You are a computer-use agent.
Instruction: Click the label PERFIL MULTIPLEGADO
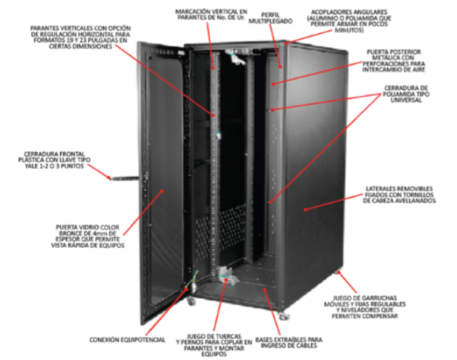tap(270, 18)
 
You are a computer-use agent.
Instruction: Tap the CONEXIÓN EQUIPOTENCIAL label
tap(127, 340)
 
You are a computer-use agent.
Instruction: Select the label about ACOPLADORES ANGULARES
tap(349, 21)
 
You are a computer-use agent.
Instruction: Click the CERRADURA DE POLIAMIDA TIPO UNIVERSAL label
tap(406, 94)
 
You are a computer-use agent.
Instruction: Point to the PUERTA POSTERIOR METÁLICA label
tap(394, 61)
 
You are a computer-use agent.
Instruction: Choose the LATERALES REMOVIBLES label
tap(399, 195)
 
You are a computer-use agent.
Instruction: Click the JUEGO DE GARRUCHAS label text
tap(365, 307)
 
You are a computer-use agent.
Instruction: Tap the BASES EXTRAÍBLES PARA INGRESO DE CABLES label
tap(289, 342)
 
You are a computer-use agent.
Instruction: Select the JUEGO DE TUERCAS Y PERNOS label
tap(214, 345)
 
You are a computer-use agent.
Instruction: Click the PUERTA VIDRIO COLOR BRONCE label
tap(88, 236)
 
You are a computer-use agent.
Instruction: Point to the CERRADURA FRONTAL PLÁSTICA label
tap(54, 160)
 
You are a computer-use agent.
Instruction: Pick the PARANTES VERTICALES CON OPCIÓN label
tap(81, 37)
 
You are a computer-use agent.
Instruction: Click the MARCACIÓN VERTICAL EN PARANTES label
tap(211, 15)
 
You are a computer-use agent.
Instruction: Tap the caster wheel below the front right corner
tap(283, 316)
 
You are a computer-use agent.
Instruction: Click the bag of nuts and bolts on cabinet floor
tap(227, 275)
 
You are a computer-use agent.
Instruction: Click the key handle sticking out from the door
tap(123, 178)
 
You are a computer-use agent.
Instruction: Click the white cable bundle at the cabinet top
tap(237, 57)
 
